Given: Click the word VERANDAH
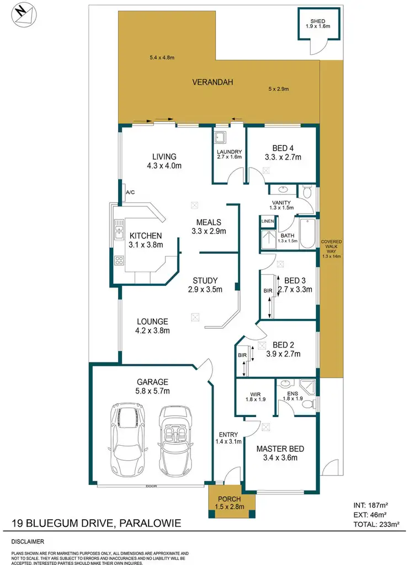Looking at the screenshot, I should pyautogui.click(x=213, y=82).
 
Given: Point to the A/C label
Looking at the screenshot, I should pyautogui.click(x=130, y=192).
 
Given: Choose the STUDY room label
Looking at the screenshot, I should pyautogui.click(x=205, y=280).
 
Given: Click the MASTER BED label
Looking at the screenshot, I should pyautogui.click(x=280, y=449).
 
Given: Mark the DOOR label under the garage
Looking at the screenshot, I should pyautogui.click(x=150, y=486).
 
